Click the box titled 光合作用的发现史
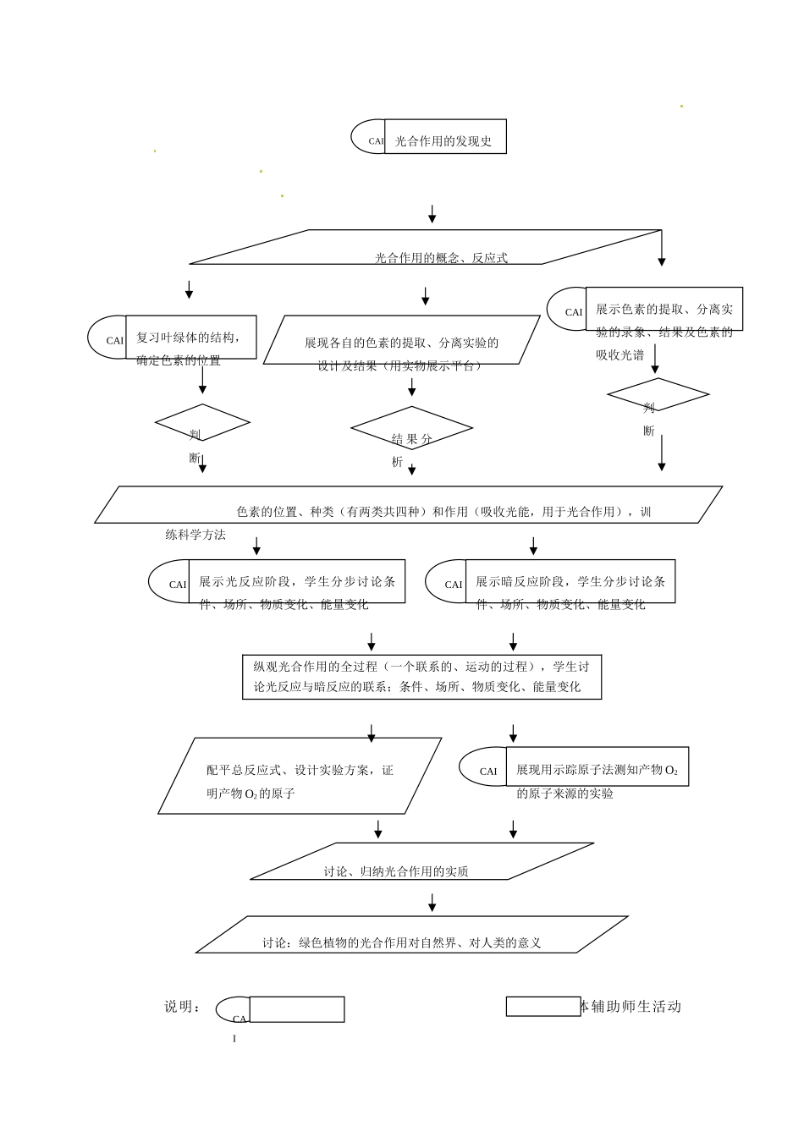click(445, 137)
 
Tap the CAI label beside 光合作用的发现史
click(376, 141)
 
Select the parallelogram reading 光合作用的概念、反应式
click(425, 247)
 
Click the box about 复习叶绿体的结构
click(190, 338)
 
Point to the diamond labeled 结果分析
click(411, 429)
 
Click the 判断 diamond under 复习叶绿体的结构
click(202, 422)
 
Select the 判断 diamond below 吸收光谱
click(658, 395)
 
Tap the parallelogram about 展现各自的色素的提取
click(401, 341)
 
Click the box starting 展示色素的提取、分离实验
click(664, 309)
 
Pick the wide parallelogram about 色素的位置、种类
click(408, 505)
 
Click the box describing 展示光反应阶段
click(296, 581)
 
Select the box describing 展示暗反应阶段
click(570, 581)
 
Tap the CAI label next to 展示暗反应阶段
click(454, 585)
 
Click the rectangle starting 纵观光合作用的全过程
click(421, 676)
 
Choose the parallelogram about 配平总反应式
click(300, 776)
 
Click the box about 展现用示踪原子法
click(597, 766)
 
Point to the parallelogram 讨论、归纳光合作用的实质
click(421, 861)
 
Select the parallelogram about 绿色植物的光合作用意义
click(411, 935)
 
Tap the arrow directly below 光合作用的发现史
click(432, 214)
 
